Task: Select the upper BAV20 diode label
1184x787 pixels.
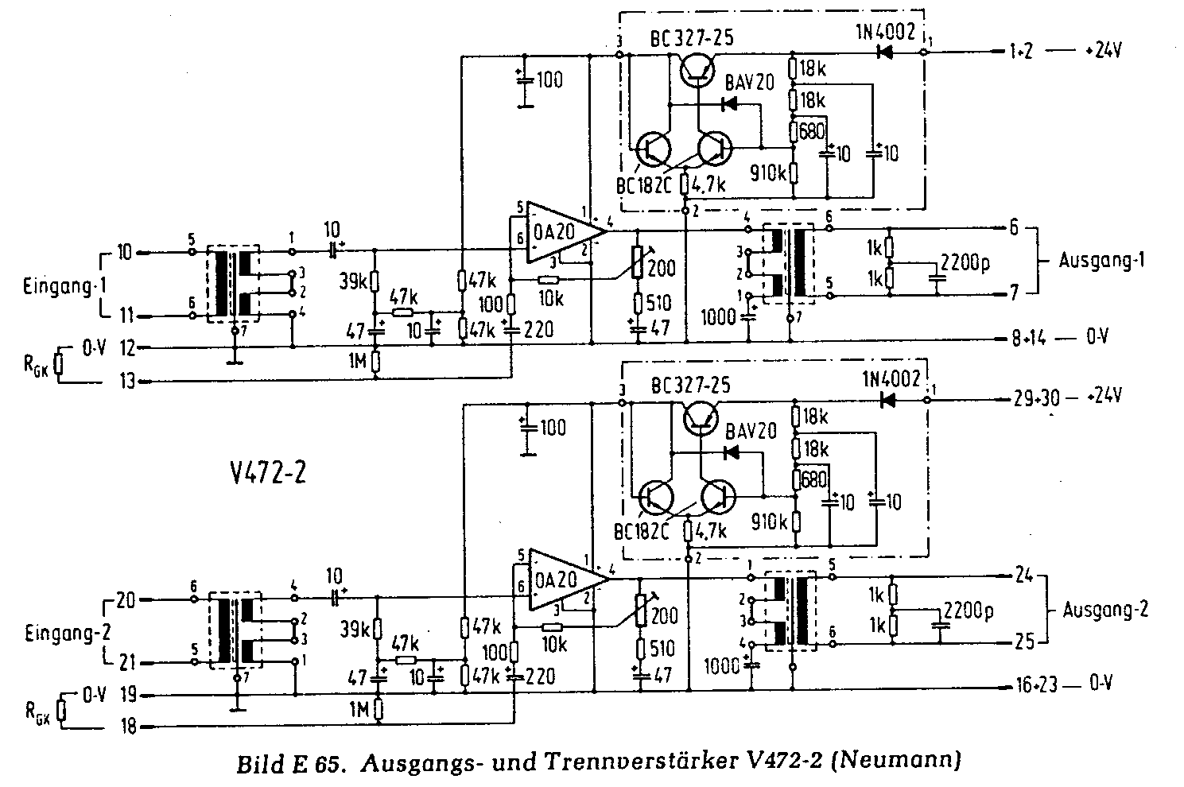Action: pyautogui.click(x=750, y=83)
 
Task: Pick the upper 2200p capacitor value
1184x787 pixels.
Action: pyautogui.click(x=966, y=262)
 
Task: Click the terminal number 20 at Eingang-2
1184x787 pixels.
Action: pyautogui.click(x=125, y=599)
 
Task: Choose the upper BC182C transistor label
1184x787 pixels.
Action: pyautogui.click(x=644, y=185)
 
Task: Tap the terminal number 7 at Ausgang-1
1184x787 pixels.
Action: pyautogui.click(x=1013, y=294)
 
